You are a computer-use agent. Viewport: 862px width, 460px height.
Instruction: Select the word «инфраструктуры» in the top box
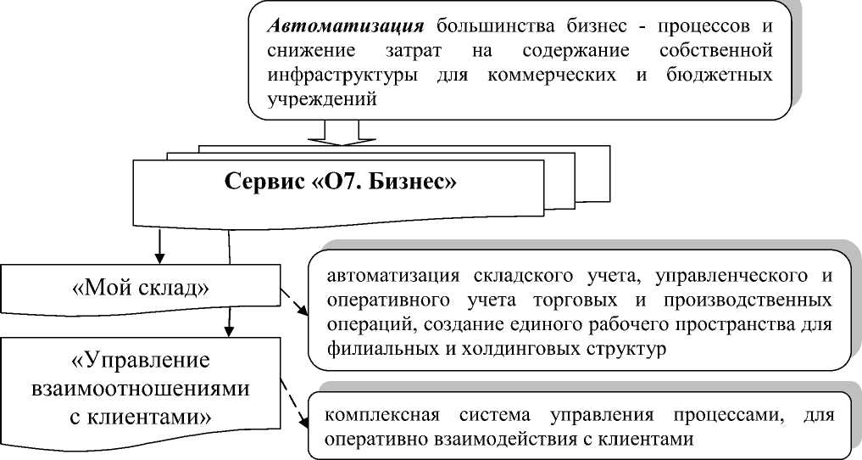pos(327,76)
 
